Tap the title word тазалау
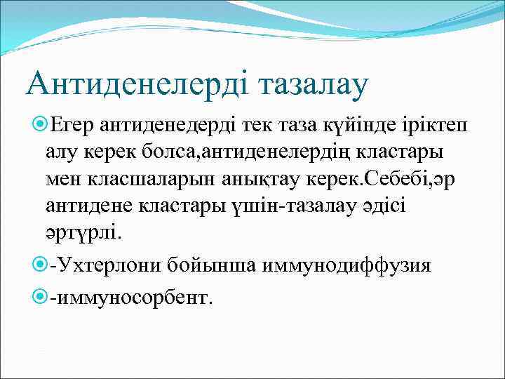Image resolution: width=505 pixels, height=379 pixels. pos(314,84)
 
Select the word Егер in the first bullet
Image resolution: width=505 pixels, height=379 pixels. pos(73,125)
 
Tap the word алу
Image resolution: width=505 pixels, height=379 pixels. pos(63,151)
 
